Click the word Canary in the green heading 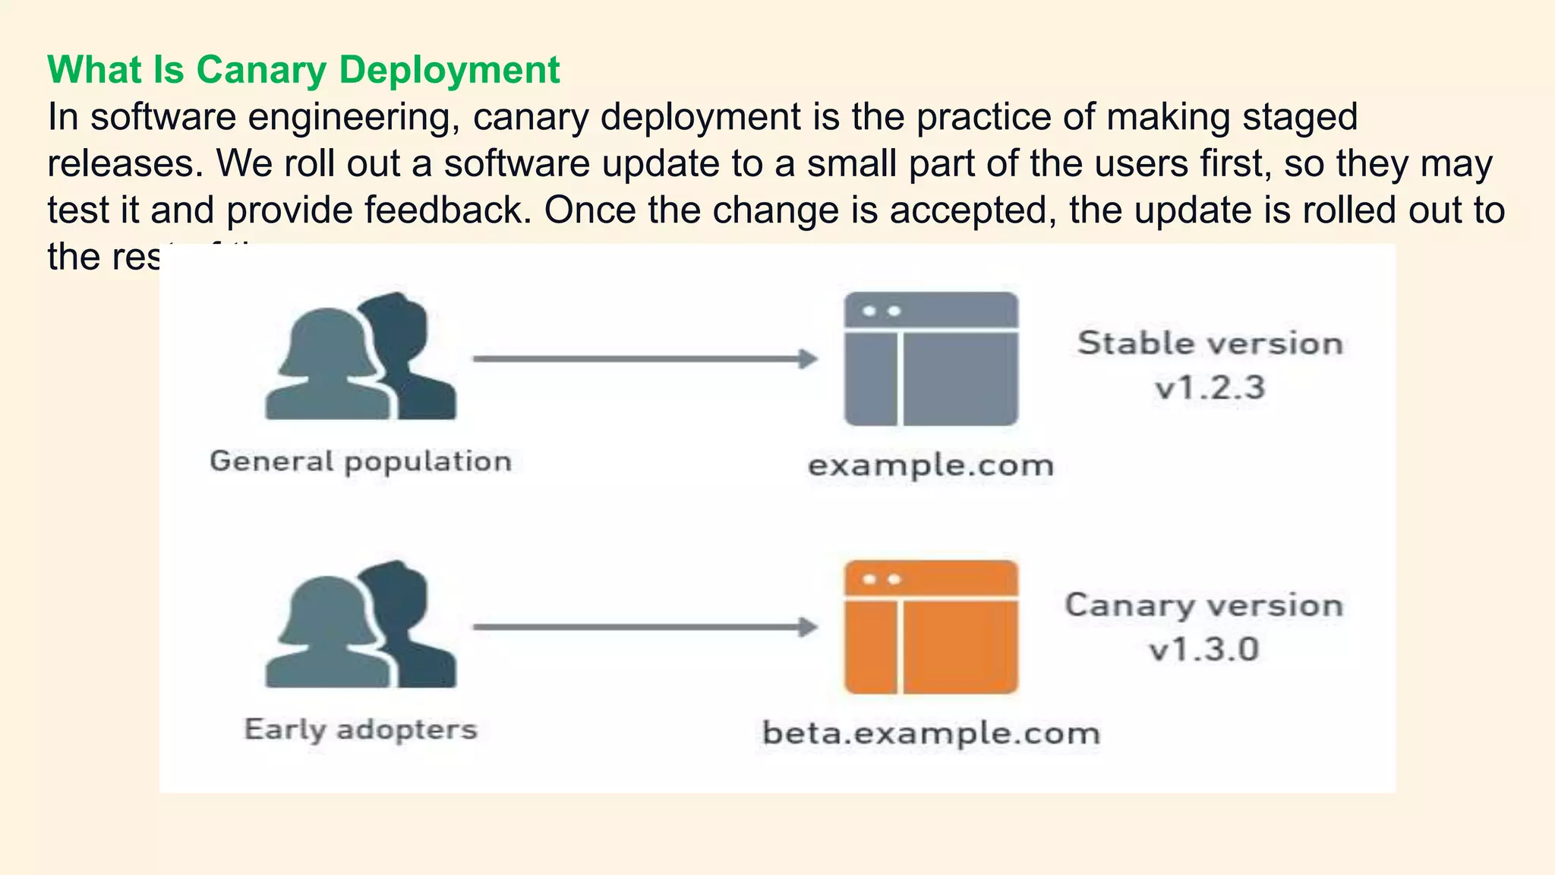click(261, 71)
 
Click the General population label click(361, 461)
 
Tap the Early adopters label click(361, 729)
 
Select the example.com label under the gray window click(931, 465)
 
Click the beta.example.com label click(931, 733)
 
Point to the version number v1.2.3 click(1210, 388)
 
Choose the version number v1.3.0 click(1204, 649)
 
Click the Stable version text click(1210, 343)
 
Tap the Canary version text click(1204, 605)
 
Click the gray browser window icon click(931, 359)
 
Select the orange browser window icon click(931, 627)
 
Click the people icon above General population click(361, 357)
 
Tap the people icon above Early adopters click(361, 625)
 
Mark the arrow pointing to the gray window click(645, 359)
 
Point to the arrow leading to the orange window click(645, 627)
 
